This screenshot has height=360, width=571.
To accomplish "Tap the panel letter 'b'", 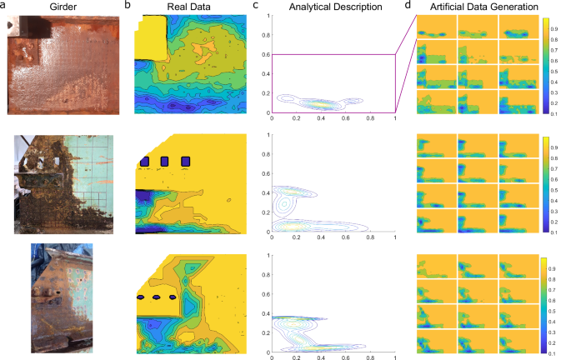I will click(128, 6).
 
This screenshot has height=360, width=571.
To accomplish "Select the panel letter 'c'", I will click(259, 6).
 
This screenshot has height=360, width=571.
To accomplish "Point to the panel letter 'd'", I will click(407, 6).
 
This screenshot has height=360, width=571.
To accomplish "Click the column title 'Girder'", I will click(63, 7).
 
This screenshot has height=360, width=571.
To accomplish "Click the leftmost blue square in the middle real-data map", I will click(145, 160).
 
